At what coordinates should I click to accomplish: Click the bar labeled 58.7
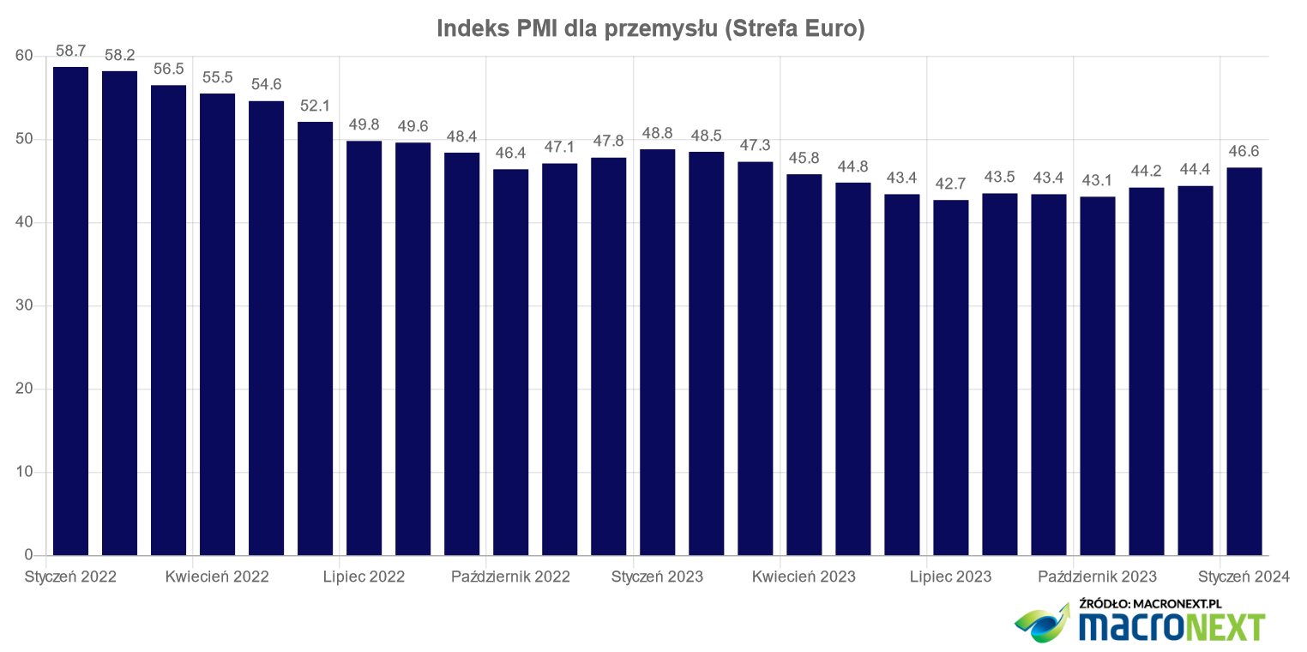70,311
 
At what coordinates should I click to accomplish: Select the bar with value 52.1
315,338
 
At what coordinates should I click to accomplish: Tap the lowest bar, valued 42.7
950,377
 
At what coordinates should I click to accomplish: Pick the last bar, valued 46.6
1244,361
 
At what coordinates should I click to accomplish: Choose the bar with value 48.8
657,352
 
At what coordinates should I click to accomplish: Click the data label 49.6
413,126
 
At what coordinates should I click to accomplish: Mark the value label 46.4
510,154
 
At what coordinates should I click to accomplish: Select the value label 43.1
1097,181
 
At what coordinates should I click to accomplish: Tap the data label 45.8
804,159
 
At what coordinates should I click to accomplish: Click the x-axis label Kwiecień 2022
217,577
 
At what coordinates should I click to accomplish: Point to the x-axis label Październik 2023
1097,577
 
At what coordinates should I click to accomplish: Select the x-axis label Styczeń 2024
1244,577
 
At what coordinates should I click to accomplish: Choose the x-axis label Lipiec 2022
364,577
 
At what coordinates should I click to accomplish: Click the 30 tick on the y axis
24,306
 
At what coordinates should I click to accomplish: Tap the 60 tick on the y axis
24,57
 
